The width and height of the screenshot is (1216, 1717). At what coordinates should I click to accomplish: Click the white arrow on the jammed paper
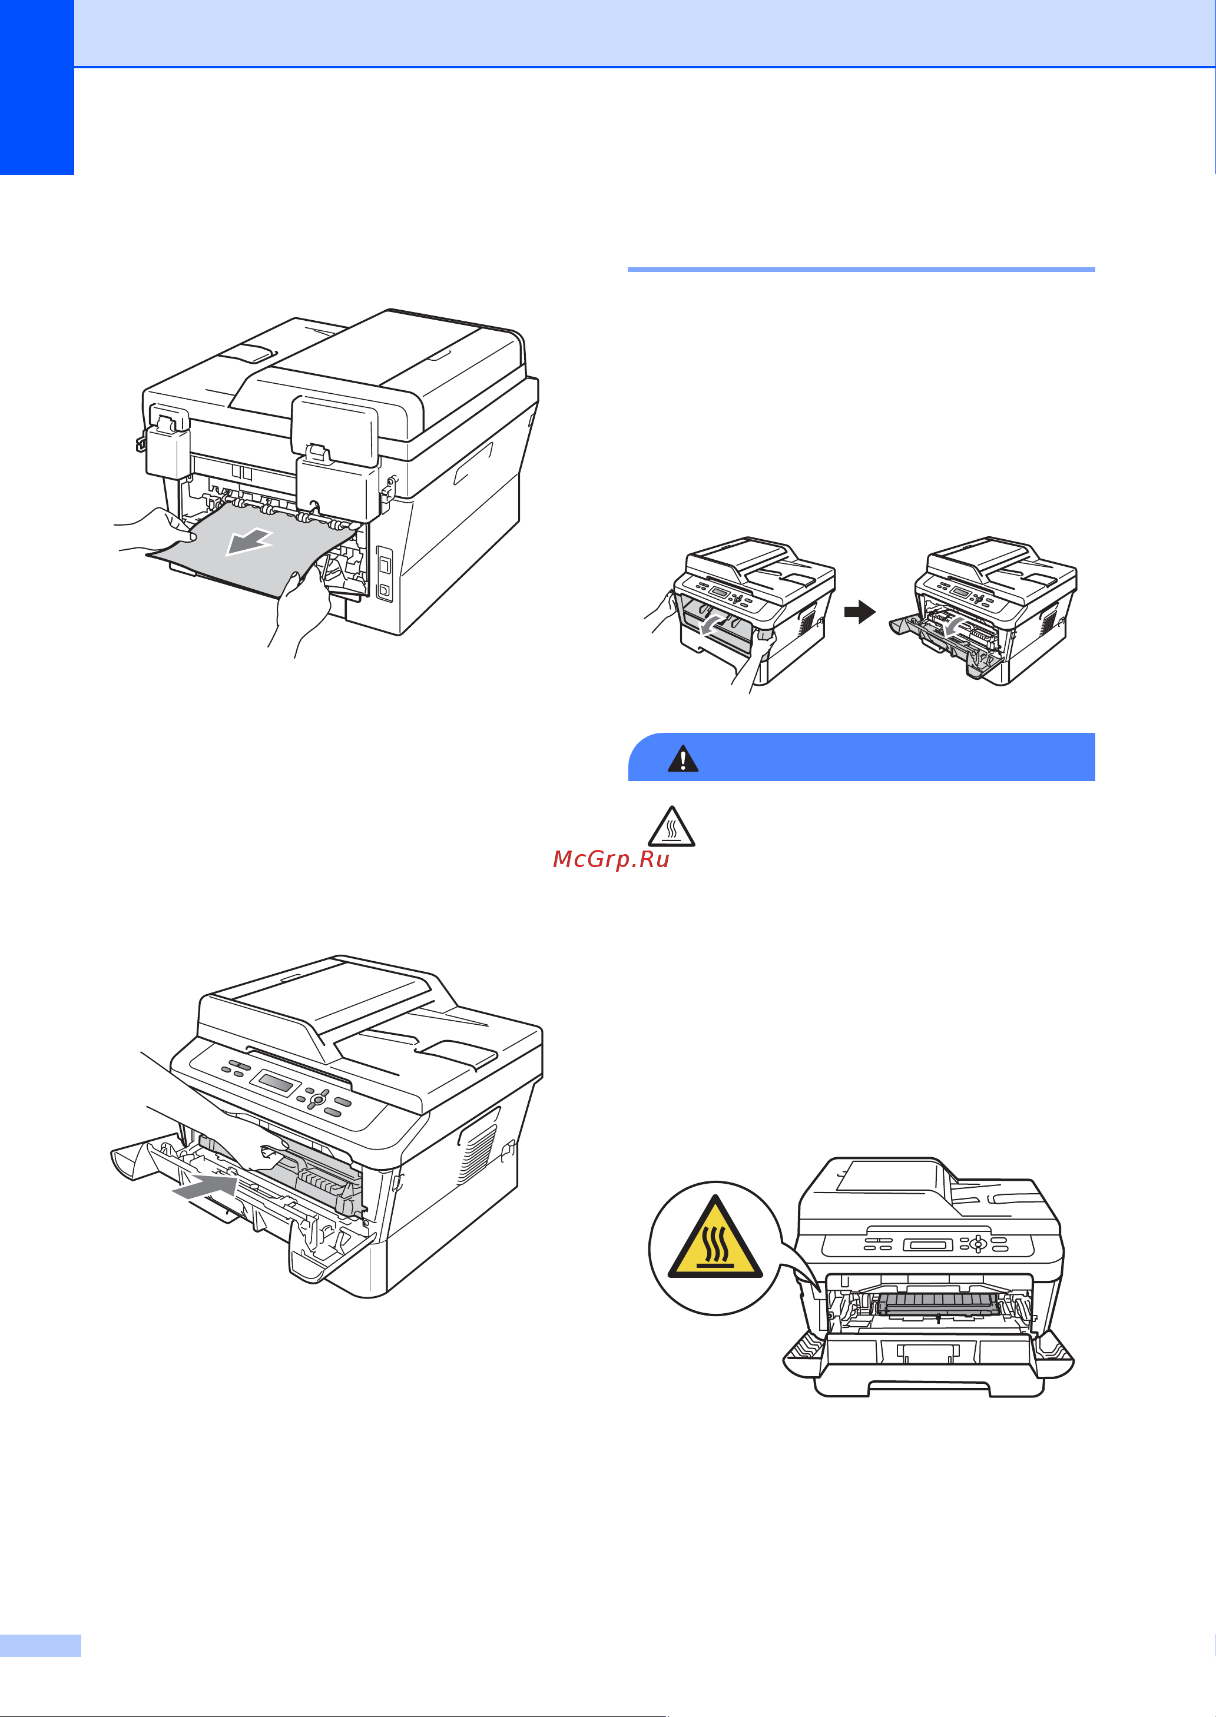(248, 542)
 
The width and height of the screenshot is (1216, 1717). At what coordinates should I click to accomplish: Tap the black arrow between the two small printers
(860, 612)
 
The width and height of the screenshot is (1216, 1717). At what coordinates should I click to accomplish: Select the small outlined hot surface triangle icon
(672, 827)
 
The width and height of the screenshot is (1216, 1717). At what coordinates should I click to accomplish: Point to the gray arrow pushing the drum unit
(204, 1186)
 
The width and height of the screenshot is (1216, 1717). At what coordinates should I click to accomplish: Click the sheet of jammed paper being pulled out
(251, 550)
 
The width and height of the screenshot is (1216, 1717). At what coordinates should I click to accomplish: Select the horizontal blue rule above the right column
(861, 270)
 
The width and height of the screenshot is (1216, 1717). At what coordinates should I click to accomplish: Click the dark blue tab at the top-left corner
(37, 87)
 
